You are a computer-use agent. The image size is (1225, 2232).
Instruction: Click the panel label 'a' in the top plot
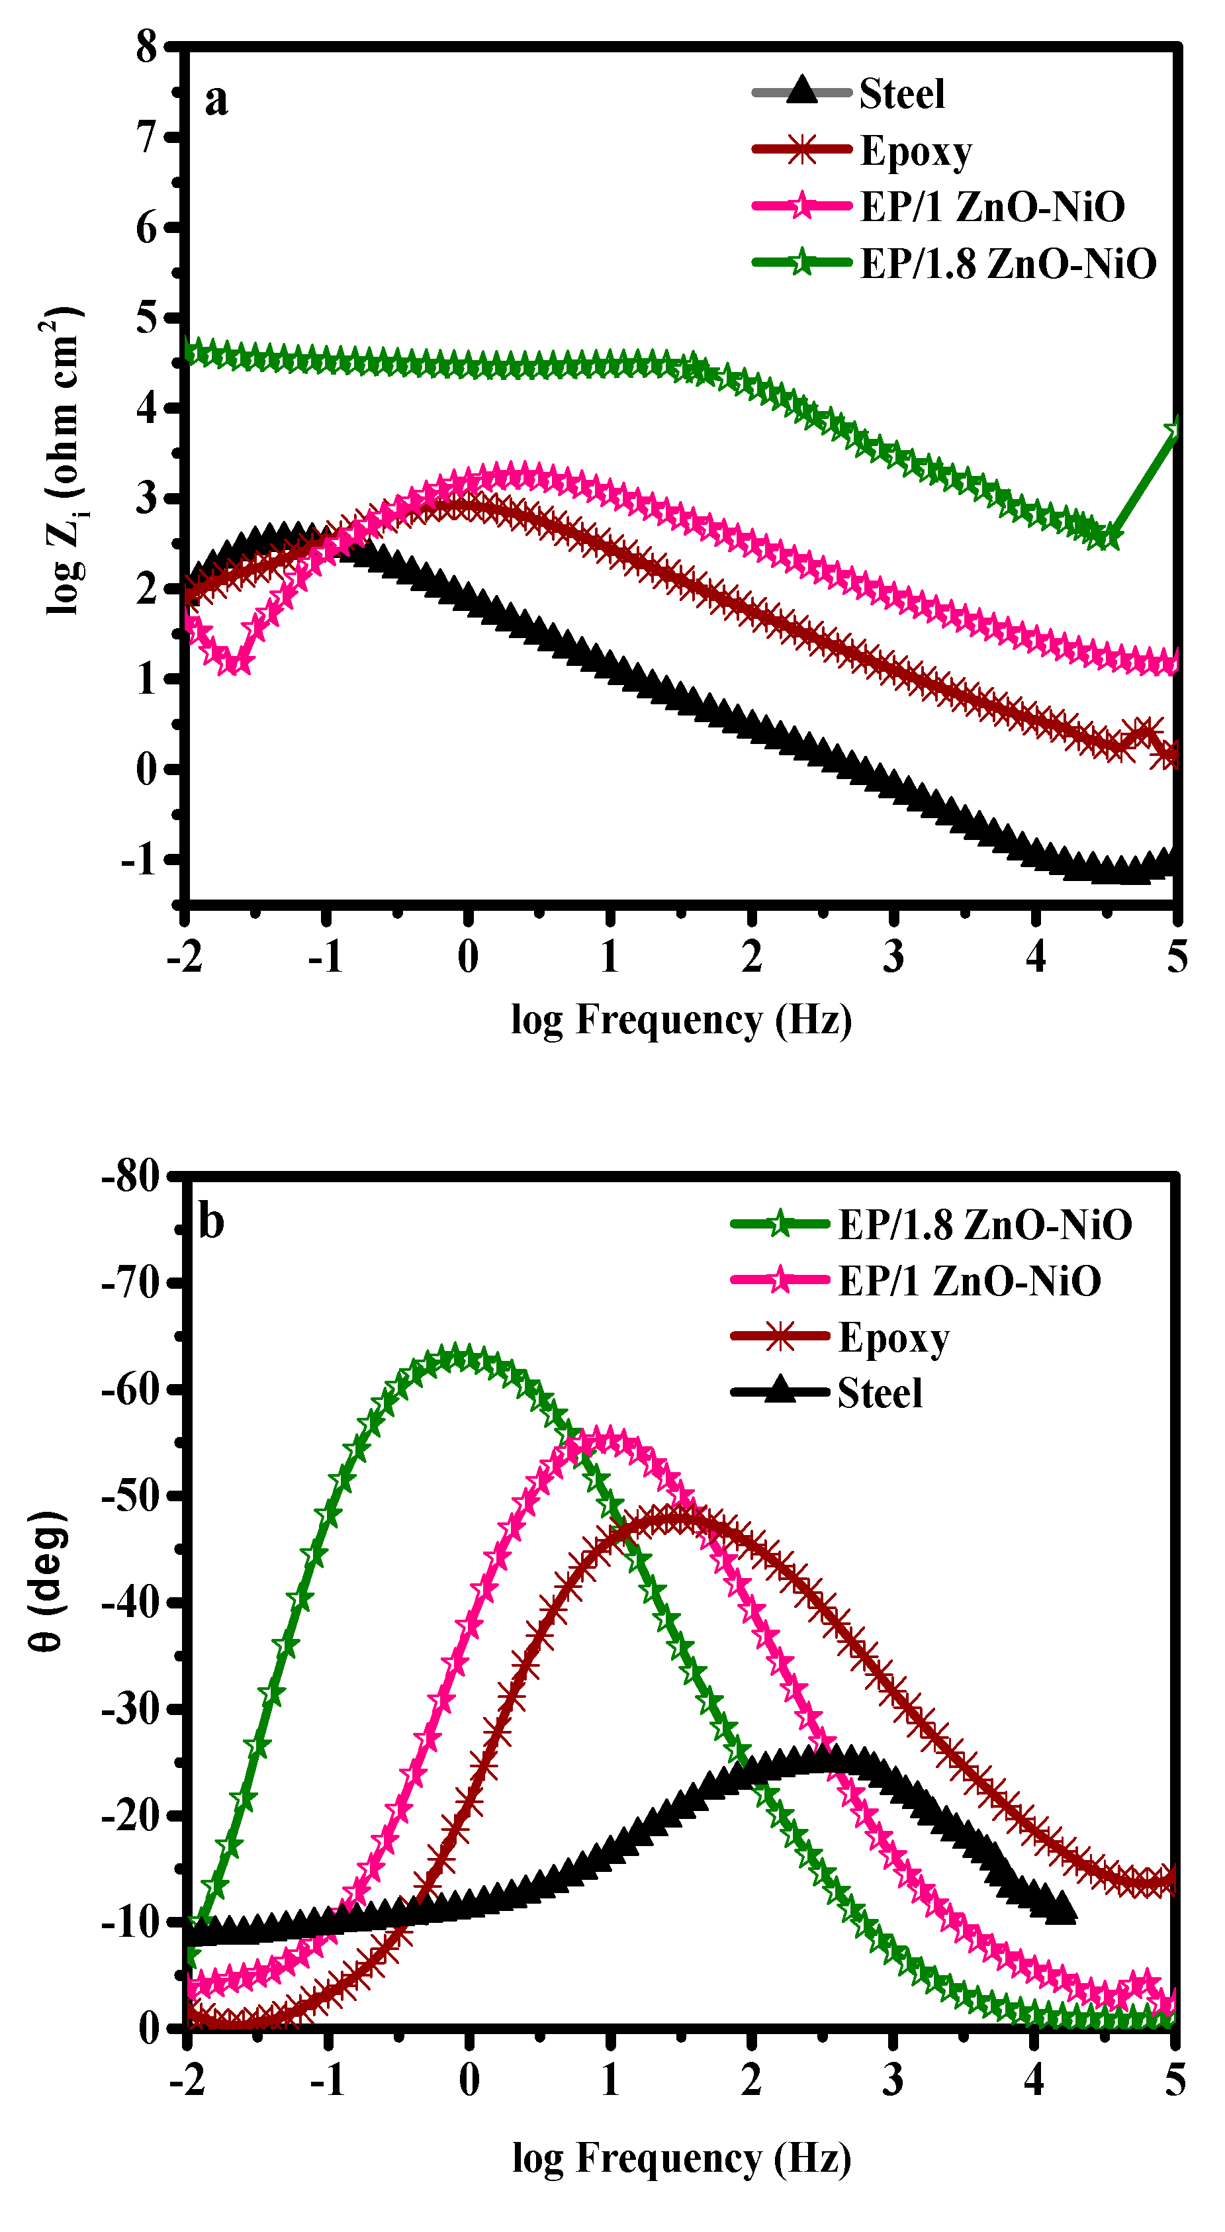click(216, 100)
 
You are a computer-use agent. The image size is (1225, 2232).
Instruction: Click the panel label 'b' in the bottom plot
click(210, 1223)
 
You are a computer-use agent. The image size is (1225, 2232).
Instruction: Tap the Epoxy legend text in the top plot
click(916, 152)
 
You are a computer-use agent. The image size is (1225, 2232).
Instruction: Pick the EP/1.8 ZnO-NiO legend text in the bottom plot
click(985, 1225)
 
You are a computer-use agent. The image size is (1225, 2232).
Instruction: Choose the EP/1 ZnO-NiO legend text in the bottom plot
click(970, 1281)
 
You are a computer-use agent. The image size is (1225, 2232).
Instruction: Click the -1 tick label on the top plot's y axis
click(138, 860)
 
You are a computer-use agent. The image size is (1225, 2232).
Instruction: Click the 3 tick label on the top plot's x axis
click(893, 956)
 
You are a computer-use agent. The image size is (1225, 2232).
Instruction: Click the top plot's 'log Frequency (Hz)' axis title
click(681, 1020)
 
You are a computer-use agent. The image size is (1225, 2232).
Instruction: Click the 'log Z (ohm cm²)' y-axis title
click(62, 459)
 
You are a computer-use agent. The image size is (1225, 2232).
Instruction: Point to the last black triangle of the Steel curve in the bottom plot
click(1062, 1909)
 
